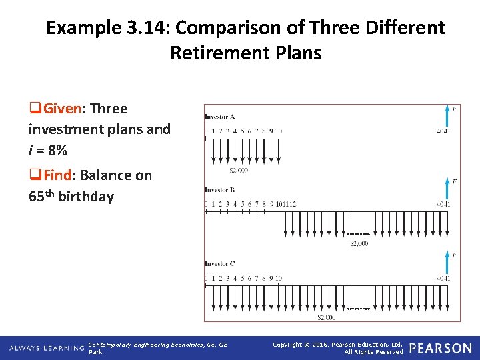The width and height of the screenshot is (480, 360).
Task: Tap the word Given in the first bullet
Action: pyautogui.click(x=65, y=109)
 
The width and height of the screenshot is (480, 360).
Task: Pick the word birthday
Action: pyautogui.click(x=87, y=197)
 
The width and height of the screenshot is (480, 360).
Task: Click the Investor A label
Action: pyautogui.click(x=219, y=117)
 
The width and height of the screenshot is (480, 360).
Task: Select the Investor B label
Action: pyautogui.click(x=219, y=190)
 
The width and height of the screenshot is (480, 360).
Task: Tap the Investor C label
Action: pyautogui.click(x=219, y=264)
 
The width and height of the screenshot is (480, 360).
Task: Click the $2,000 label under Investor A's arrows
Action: pyautogui.click(x=238, y=171)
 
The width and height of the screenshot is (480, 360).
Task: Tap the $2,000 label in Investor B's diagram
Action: pyautogui.click(x=359, y=244)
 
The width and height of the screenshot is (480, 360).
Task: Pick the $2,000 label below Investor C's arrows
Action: pyautogui.click(x=326, y=317)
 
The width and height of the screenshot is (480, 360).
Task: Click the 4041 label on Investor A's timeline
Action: pyautogui.click(x=443, y=131)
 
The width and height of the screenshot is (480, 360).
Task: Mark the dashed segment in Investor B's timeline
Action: pyautogui.click(x=359, y=235)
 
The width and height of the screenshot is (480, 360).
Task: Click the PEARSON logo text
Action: pyautogui.click(x=440, y=348)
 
